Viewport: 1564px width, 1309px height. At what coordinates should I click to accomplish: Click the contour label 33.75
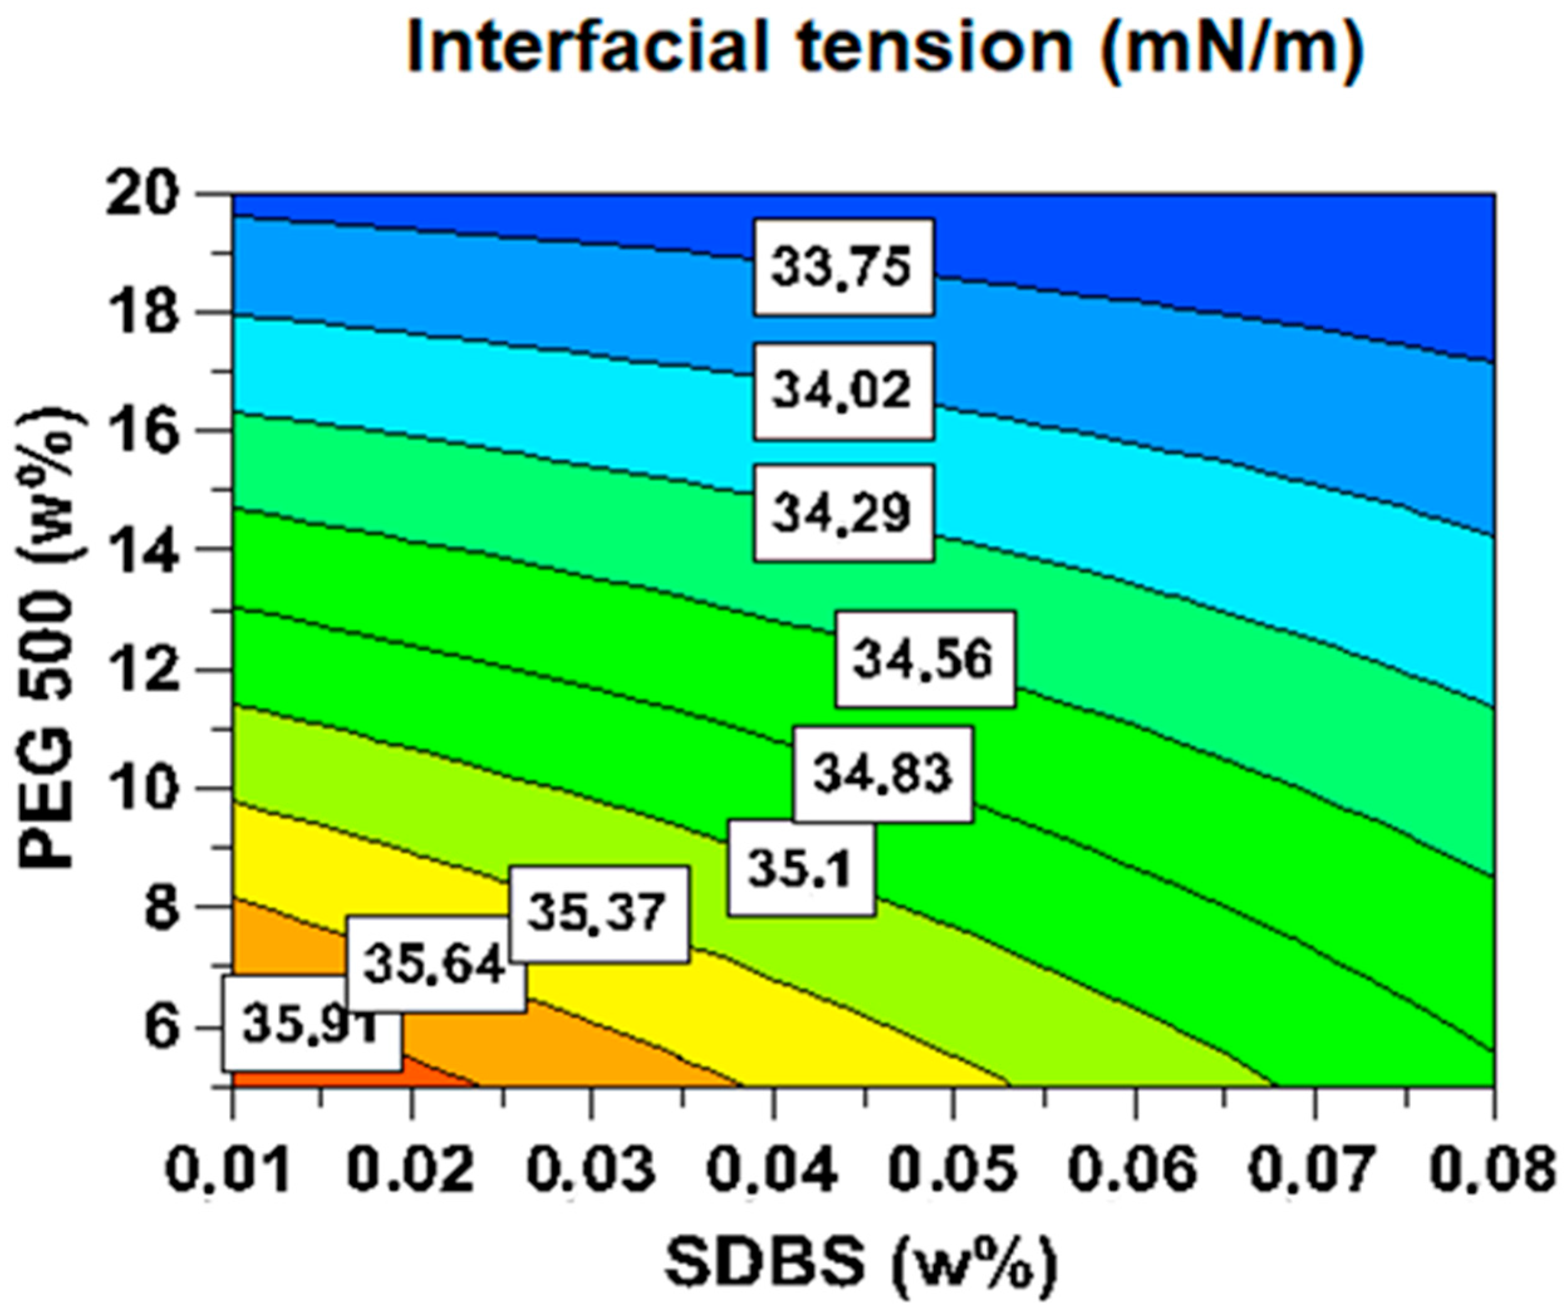click(842, 266)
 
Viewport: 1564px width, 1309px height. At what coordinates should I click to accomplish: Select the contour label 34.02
click(842, 391)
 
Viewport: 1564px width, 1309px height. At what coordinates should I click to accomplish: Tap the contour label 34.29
click(842, 512)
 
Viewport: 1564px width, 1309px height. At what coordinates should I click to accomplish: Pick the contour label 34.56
click(924, 659)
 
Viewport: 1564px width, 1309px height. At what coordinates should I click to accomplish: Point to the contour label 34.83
click(882, 773)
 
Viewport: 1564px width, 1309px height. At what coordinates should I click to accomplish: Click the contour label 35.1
click(801, 869)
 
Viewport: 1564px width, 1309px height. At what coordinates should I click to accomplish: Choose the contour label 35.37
click(597, 913)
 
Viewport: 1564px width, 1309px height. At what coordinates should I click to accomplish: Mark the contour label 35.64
click(436, 966)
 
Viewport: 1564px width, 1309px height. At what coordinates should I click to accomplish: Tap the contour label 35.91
click(312, 1025)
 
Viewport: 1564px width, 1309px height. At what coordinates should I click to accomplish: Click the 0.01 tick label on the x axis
click(227, 1170)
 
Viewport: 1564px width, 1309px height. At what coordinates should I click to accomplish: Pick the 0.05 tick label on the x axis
click(953, 1170)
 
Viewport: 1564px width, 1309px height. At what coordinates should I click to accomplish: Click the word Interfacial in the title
click(588, 46)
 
